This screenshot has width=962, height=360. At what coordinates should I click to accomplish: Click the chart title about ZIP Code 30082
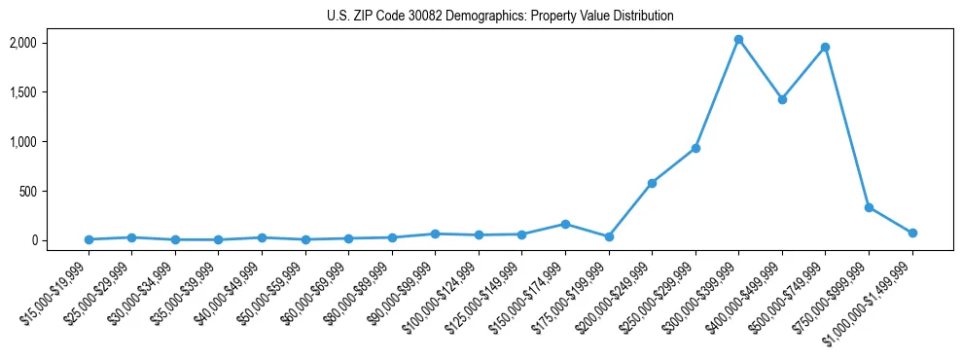[x=481, y=17]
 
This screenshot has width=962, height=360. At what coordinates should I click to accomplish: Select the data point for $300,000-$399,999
[x=738, y=40]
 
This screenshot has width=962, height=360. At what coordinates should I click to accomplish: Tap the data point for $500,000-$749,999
[x=825, y=47]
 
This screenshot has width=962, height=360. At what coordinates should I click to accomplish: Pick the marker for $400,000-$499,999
[x=782, y=99]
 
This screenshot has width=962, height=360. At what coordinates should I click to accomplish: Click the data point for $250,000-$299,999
[x=695, y=148]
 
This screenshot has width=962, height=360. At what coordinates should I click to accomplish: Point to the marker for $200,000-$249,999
[x=652, y=183]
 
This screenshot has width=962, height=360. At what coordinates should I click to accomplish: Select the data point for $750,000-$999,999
[x=869, y=207]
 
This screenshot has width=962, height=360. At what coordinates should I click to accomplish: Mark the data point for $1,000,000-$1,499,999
[x=912, y=233]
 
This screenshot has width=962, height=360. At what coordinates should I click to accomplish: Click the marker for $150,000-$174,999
[x=565, y=224]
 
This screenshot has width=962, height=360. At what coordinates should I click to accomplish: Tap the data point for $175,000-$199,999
[x=609, y=236]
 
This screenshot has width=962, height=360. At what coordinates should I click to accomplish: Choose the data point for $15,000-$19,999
[x=89, y=239]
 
